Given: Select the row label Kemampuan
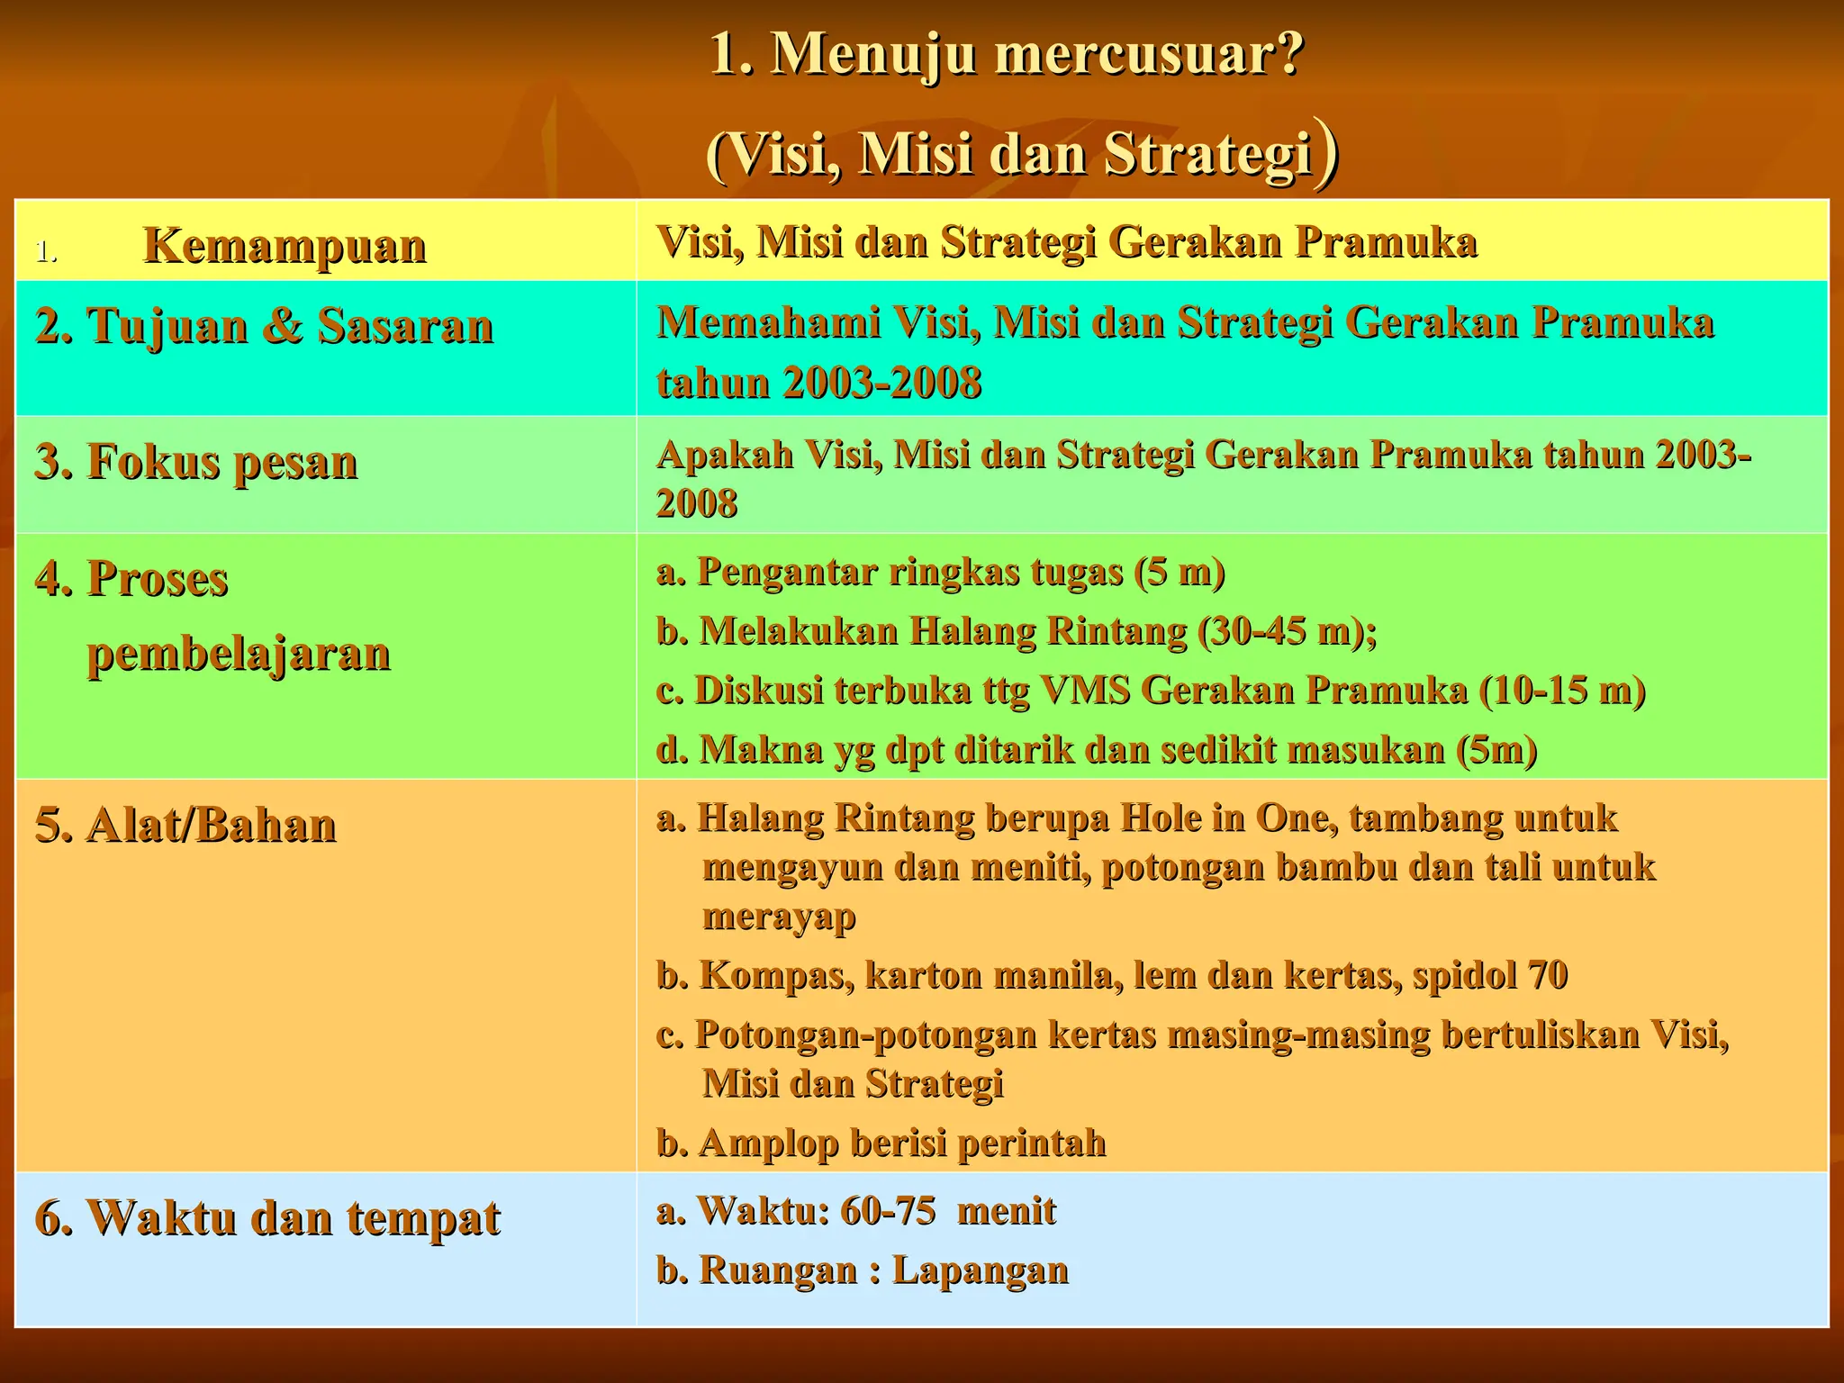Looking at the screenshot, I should [285, 245].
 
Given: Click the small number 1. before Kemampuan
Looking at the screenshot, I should [46, 252].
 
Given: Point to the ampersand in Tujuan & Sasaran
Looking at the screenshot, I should [283, 326].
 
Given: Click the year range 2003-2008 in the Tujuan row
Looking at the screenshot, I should [881, 383].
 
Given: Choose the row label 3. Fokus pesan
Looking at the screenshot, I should [196, 462].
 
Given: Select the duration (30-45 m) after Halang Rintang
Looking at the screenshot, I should [1288, 631].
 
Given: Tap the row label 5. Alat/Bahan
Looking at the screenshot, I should [185, 826].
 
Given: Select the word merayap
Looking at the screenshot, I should [779, 917].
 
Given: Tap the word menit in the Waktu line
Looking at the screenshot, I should [1006, 1211].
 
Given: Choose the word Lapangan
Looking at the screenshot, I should [980, 1270].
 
